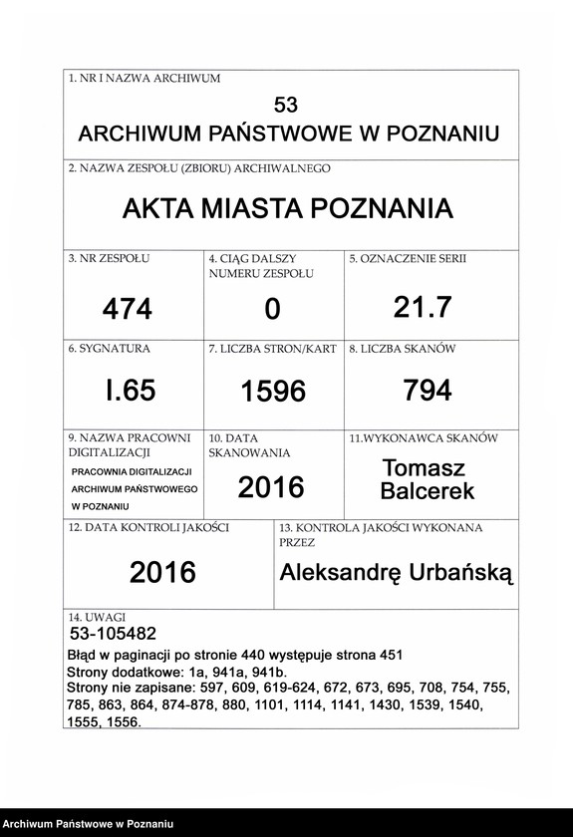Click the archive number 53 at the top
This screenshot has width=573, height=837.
click(x=286, y=105)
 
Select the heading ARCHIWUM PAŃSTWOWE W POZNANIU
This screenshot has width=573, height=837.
click(x=288, y=135)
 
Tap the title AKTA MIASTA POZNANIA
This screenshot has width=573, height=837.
click(x=288, y=209)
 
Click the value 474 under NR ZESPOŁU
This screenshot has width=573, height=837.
click(x=128, y=310)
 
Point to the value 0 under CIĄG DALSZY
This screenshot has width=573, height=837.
click(x=272, y=310)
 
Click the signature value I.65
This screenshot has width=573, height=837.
click(x=131, y=391)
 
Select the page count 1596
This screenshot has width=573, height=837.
click(x=273, y=392)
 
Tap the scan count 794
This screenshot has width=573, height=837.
click(x=428, y=391)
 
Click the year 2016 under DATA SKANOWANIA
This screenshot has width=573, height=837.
click(x=271, y=487)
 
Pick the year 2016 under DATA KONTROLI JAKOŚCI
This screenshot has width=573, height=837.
click(x=163, y=572)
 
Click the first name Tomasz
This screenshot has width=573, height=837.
click(x=424, y=467)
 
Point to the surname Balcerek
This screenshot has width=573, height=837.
click(x=428, y=490)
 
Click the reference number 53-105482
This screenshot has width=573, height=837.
click(x=114, y=634)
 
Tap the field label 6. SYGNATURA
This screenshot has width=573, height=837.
click(x=110, y=350)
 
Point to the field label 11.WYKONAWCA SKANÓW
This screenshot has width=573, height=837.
click(x=424, y=438)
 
